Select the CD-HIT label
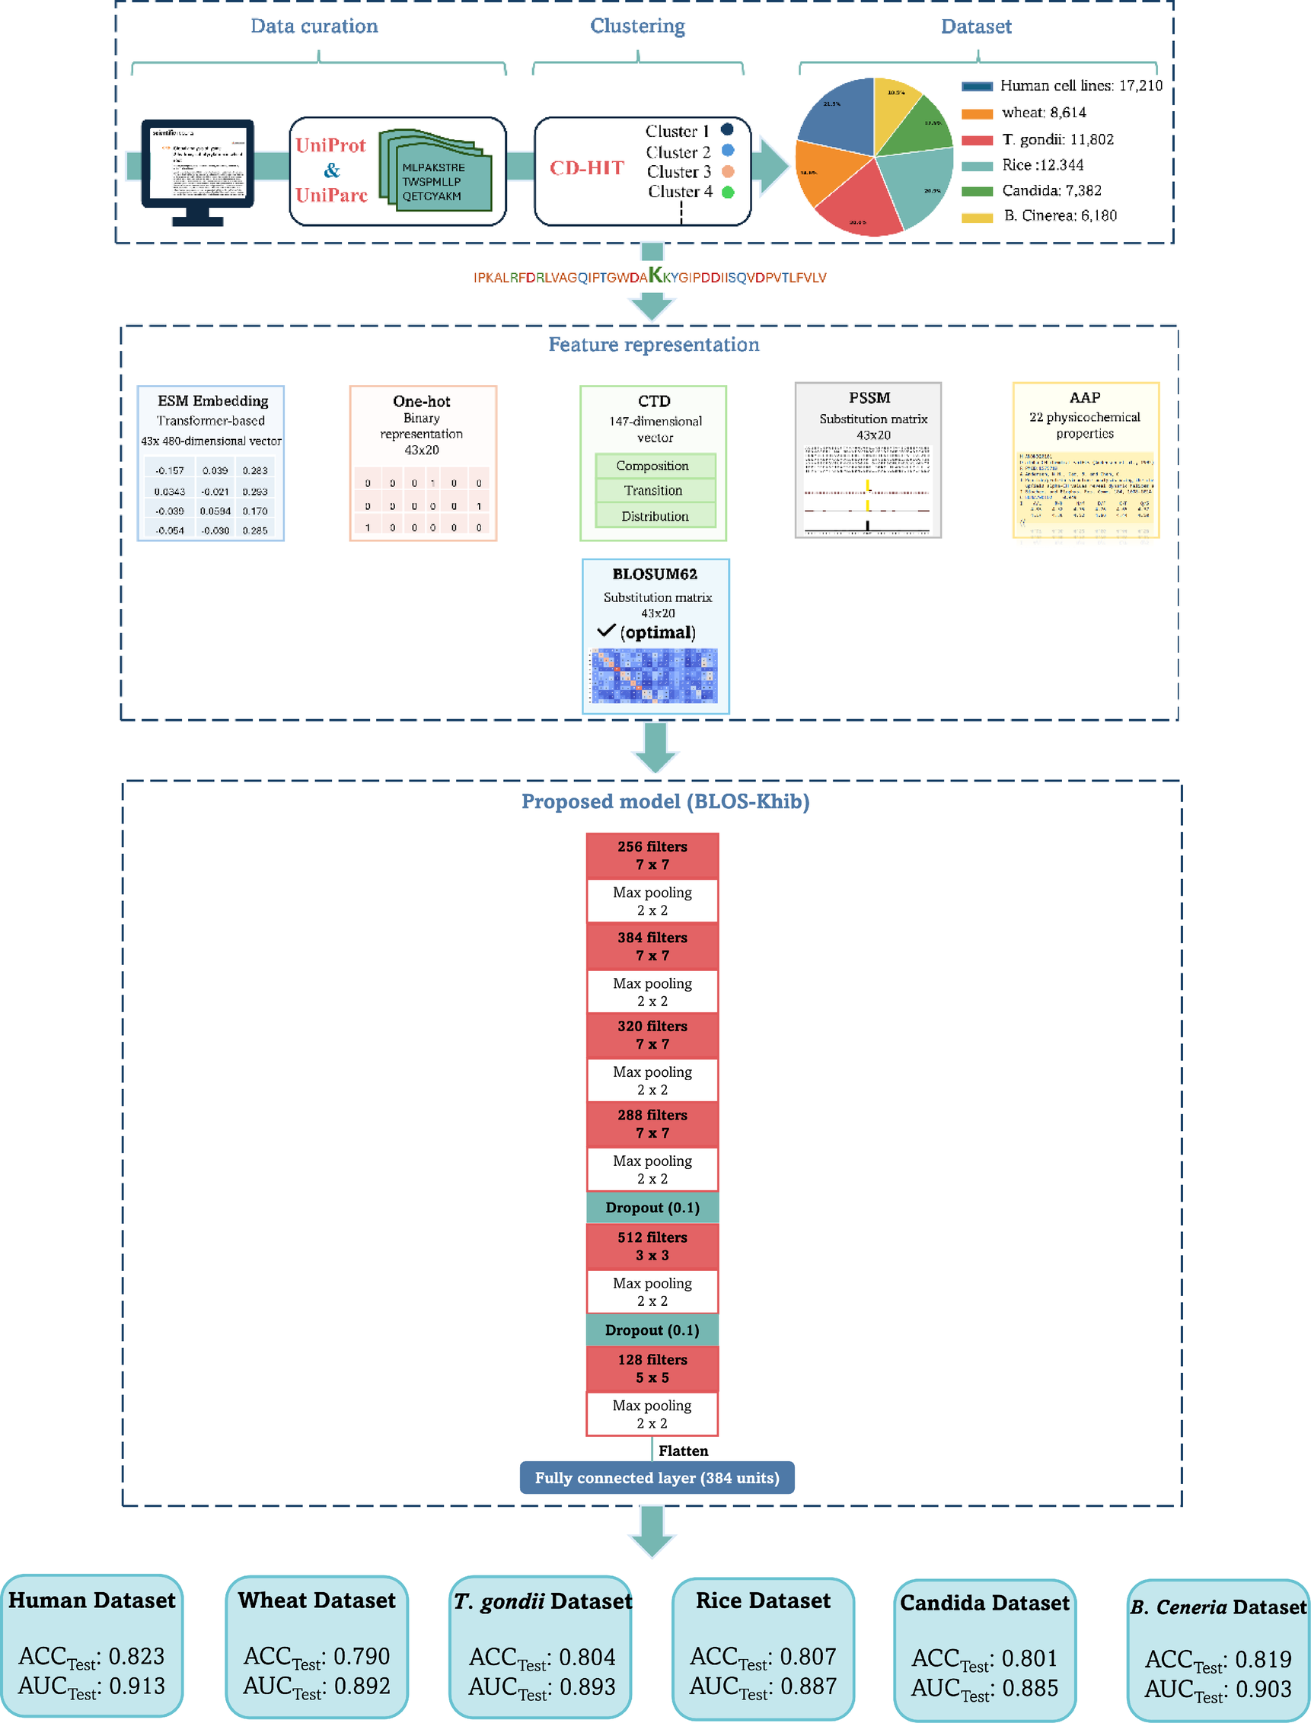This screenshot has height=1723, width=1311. point(587,168)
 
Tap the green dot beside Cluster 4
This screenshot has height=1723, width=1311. point(728,192)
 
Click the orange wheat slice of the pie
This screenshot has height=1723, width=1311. point(823,174)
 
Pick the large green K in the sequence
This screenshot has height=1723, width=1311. point(655,275)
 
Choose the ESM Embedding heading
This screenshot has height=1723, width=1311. point(213,401)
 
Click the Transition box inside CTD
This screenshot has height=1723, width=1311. point(653,491)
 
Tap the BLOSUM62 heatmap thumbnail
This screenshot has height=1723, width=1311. point(654,676)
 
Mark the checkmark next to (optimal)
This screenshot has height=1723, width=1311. point(606,630)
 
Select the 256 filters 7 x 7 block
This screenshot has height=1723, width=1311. point(652,855)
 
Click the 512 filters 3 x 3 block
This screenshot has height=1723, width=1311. point(652,1247)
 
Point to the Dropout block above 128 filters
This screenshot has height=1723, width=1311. point(652,1330)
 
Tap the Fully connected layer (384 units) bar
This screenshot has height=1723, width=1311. point(657,1478)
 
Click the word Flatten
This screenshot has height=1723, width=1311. point(684,1451)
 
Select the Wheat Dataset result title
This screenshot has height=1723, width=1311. point(317,1600)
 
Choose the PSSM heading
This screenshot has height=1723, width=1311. point(869,398)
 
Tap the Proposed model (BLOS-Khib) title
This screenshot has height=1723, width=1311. point(665,802)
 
